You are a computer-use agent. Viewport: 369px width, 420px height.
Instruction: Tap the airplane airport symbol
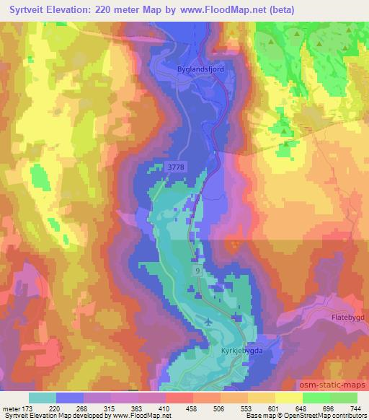[208, 322]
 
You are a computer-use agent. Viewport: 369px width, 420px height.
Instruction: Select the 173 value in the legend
[28, 408]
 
